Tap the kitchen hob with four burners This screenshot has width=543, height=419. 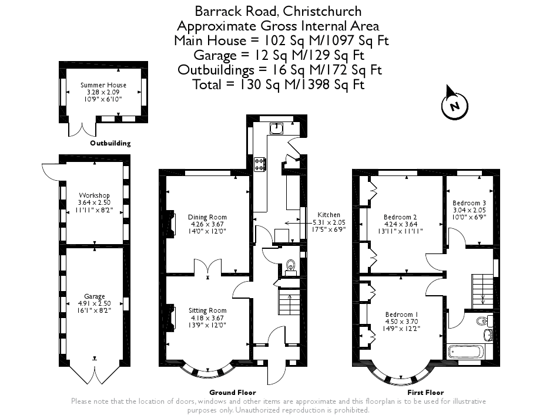259,164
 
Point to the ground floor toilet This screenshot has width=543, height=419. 290,268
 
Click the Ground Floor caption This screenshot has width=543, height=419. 233,393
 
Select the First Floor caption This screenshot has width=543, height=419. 425,393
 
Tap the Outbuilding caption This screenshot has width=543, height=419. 110,143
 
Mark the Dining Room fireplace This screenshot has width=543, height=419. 171,224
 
